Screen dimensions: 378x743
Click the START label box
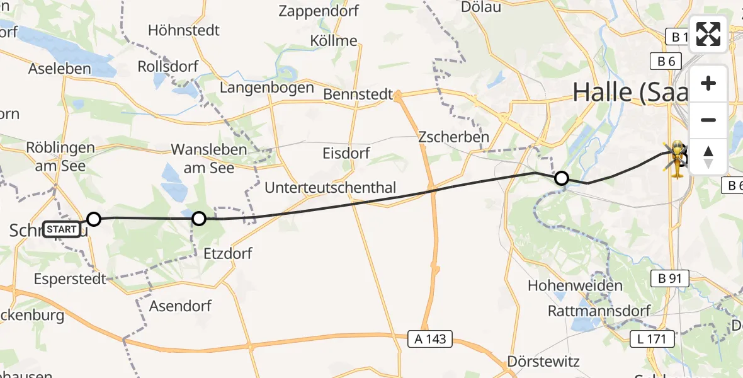pyautogui.click(x=62, y=229)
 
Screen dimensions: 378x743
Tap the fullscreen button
pyautogui.click(x=708, y=34)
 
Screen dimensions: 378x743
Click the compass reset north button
pyautogui.click(x=708, y=156)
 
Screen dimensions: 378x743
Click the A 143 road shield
pyautogui.click(x=431, y=338)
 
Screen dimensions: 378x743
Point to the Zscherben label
pyautogui.click(x=453, y=137)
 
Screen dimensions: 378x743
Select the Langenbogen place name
pyautogui.click(x=266, y=88)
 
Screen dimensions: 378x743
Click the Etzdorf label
pyautogui.click(x=228, y=253)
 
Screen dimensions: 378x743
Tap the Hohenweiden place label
pyautogui.click(x=576, y=285)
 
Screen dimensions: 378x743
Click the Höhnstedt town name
pyautogui.click(x=184, y=30)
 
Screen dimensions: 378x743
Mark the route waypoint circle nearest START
pyautogui.click(x=94, y=219)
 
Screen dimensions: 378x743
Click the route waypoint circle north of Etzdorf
pyautogui.click(x=198, y=219)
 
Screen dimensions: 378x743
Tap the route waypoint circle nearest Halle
pyautogui.click(x=560, y=178)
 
